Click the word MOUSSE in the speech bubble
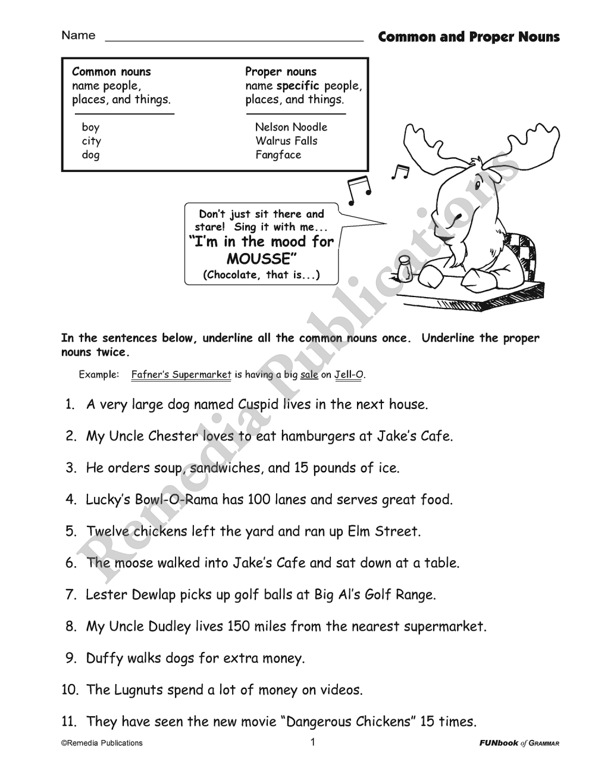pyautogui.click(x=262, y=259)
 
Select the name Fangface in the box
pyautogui.click(x=278, y=155)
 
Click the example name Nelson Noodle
pyautogui.click(x=291, y=127)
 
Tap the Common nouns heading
pyautogui.click(x=111, y=71)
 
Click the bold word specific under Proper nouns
pyautogui.click(x=298, y=86)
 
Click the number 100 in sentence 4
pyautogui.click(x=259, y=499)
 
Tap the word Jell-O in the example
pyautogui.click(x=349, y=374)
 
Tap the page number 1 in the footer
pyautogui.click(x=312, y=742)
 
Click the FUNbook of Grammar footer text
pyautogui.click(x=519, y=743)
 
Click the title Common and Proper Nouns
pyautogui.click(x=469, y=37)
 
